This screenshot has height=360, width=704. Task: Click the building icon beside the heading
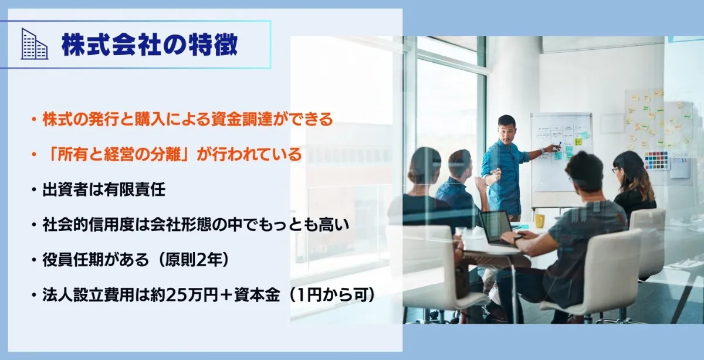click(34, 44)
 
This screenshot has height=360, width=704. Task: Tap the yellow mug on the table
click(539, 220)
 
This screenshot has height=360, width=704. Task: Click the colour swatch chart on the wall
click(656, 160)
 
